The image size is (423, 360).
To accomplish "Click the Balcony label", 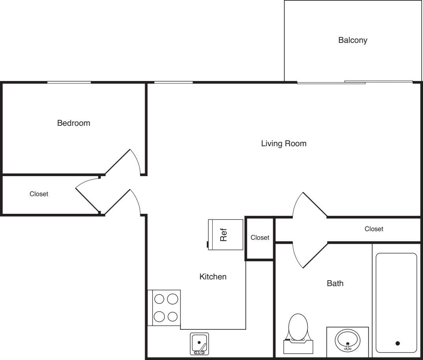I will [353, 40].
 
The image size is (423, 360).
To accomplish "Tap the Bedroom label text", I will [74, 123].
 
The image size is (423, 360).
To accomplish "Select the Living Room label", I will [283, 143].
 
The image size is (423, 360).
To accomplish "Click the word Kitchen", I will [213, 277].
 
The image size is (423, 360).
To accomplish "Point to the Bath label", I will [335, 283].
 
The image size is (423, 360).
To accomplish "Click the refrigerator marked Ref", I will [226, 234].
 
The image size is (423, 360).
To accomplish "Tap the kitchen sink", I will [199, 343].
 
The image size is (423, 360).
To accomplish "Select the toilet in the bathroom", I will [298, 329].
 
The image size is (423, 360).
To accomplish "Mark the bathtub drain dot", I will [397, 343].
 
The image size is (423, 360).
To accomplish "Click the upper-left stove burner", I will [159, 299].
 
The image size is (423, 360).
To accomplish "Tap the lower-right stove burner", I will [172, 316].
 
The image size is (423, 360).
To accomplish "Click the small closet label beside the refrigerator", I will [260, 237].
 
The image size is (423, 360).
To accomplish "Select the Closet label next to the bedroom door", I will [39, 194].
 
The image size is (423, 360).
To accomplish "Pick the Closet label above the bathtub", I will [373, 229].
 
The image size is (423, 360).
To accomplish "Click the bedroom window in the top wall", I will [69, 82].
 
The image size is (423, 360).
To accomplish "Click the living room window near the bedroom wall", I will [173, 82].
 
